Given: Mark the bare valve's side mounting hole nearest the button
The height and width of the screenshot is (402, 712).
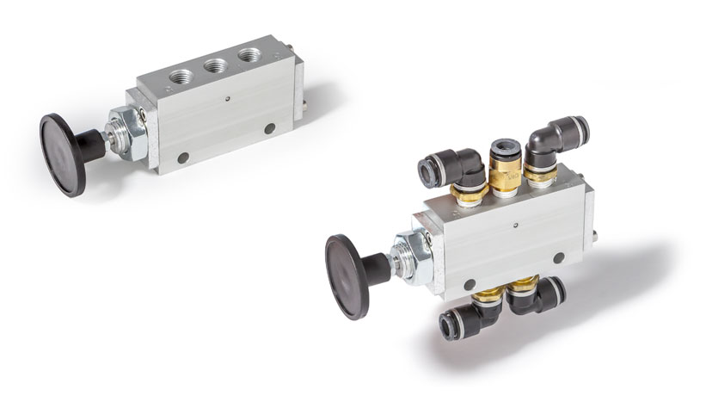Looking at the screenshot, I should tap(182, 158).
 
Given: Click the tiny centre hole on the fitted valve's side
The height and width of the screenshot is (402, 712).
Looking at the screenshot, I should tap(514, 227).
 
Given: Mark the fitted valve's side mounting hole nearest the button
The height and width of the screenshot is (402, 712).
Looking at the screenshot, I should tap(469, 284).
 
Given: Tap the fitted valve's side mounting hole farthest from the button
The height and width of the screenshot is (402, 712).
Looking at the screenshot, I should tap(559, 257).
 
